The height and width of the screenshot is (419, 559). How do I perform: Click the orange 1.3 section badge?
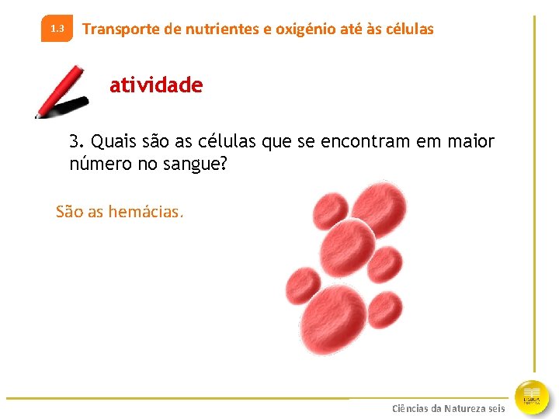[57, 29]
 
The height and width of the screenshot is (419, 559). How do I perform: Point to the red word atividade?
[156, 85]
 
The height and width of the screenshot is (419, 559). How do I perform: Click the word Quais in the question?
[113, 142]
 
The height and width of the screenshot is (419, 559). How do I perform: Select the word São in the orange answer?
[69, 211]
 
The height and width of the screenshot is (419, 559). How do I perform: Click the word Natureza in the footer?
[465, 408]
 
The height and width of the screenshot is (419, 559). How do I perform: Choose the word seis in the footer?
[496, 408]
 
